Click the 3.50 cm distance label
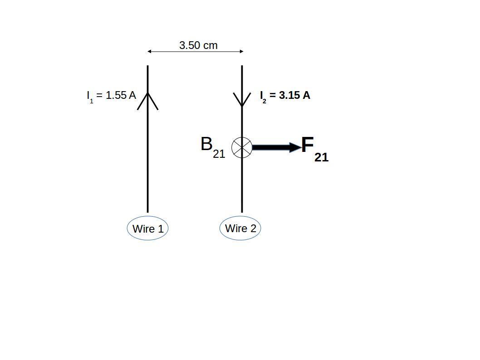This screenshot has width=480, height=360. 198,45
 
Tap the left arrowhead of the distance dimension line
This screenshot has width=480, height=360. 149,52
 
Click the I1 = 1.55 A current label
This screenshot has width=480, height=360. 111,96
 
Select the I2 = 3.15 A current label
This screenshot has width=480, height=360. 285,96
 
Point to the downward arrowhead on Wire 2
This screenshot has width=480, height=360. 242,101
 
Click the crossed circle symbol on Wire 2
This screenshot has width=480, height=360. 242,147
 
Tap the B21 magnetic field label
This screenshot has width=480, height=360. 212,147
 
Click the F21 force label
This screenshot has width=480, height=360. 314,149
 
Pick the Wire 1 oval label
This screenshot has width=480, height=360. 147,229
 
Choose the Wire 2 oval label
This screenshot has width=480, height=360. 240,229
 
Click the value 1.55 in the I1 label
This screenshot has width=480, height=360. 116,95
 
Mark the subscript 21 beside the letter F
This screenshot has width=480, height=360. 321,157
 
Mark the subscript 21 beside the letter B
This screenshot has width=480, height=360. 219,154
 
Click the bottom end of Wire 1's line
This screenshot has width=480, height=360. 147,211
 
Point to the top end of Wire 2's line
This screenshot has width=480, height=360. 242,66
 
